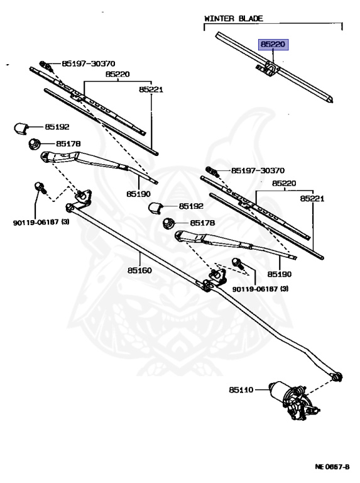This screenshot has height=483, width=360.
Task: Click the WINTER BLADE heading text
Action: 233,19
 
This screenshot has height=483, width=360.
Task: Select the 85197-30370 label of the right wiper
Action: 258,170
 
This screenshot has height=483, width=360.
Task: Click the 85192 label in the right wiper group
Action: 191,206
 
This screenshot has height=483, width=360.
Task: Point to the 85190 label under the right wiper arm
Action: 280,274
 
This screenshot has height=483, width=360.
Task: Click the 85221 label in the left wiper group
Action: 151,90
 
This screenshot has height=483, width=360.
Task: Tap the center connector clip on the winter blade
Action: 268,67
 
